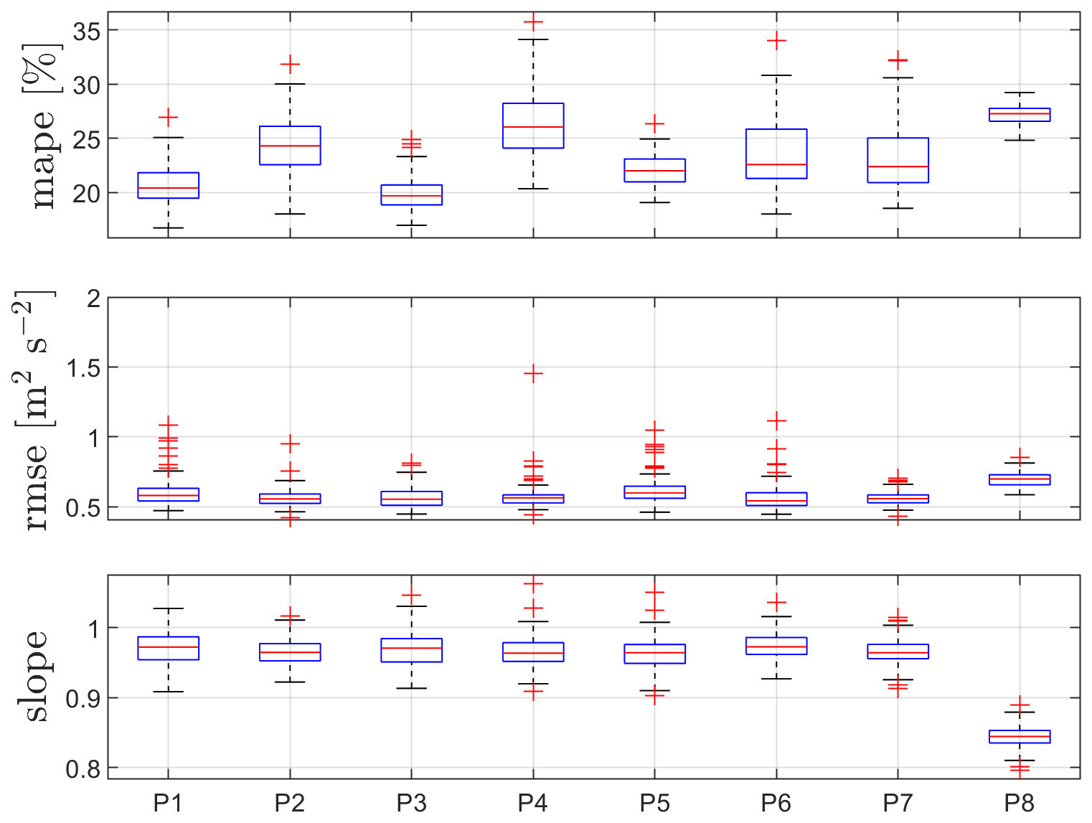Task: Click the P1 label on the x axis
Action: click(168, 803)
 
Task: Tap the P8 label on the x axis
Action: click(1020, 803)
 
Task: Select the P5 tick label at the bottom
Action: click(654, 803)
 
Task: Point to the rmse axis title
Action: click(34, 410)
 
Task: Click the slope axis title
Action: click(36, 676)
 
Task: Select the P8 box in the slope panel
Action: click(1020, 737)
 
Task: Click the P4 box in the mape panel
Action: click(533, 126)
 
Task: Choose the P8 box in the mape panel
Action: click(1020, 115)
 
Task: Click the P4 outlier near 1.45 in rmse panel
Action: click(533, 374)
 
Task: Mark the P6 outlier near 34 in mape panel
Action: click(776, 41)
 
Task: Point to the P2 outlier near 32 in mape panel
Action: click(290, 65)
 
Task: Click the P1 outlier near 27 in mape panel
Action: click(168, 117)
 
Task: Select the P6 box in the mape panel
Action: click(776, 154)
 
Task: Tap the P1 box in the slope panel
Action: click(168, 648)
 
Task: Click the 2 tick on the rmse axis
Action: click(93, 298)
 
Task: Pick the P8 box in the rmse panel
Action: click(1020, 479)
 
